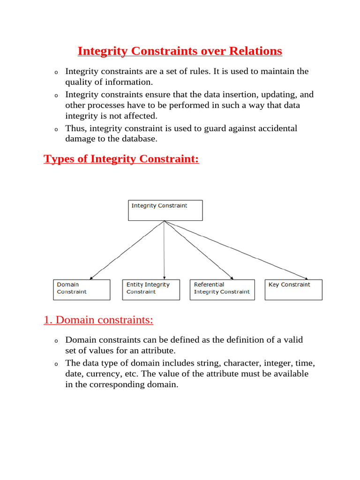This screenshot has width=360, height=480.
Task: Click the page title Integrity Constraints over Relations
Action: tap(180, 51)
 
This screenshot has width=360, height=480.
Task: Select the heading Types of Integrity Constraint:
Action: tap(121, 159)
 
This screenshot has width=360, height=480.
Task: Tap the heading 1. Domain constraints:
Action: tap(98, 320)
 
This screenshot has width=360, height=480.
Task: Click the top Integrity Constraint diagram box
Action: tap(165, 210)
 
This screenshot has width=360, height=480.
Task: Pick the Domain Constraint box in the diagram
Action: tap(82, 290)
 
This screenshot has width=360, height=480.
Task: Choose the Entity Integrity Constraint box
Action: tap(151, 290)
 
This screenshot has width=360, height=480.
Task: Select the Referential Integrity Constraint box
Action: tap(222, 290)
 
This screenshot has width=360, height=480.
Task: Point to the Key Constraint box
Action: tap(294, 290)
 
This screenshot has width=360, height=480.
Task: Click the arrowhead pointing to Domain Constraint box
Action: tap(91, 277)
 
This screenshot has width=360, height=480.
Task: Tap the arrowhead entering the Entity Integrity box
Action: tap(165, 277)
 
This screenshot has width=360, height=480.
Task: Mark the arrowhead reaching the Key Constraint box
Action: tap(306, 277)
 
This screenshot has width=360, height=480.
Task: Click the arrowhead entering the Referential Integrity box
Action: tap(231, 277)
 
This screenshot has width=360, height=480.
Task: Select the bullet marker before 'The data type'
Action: tap(55, 364)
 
